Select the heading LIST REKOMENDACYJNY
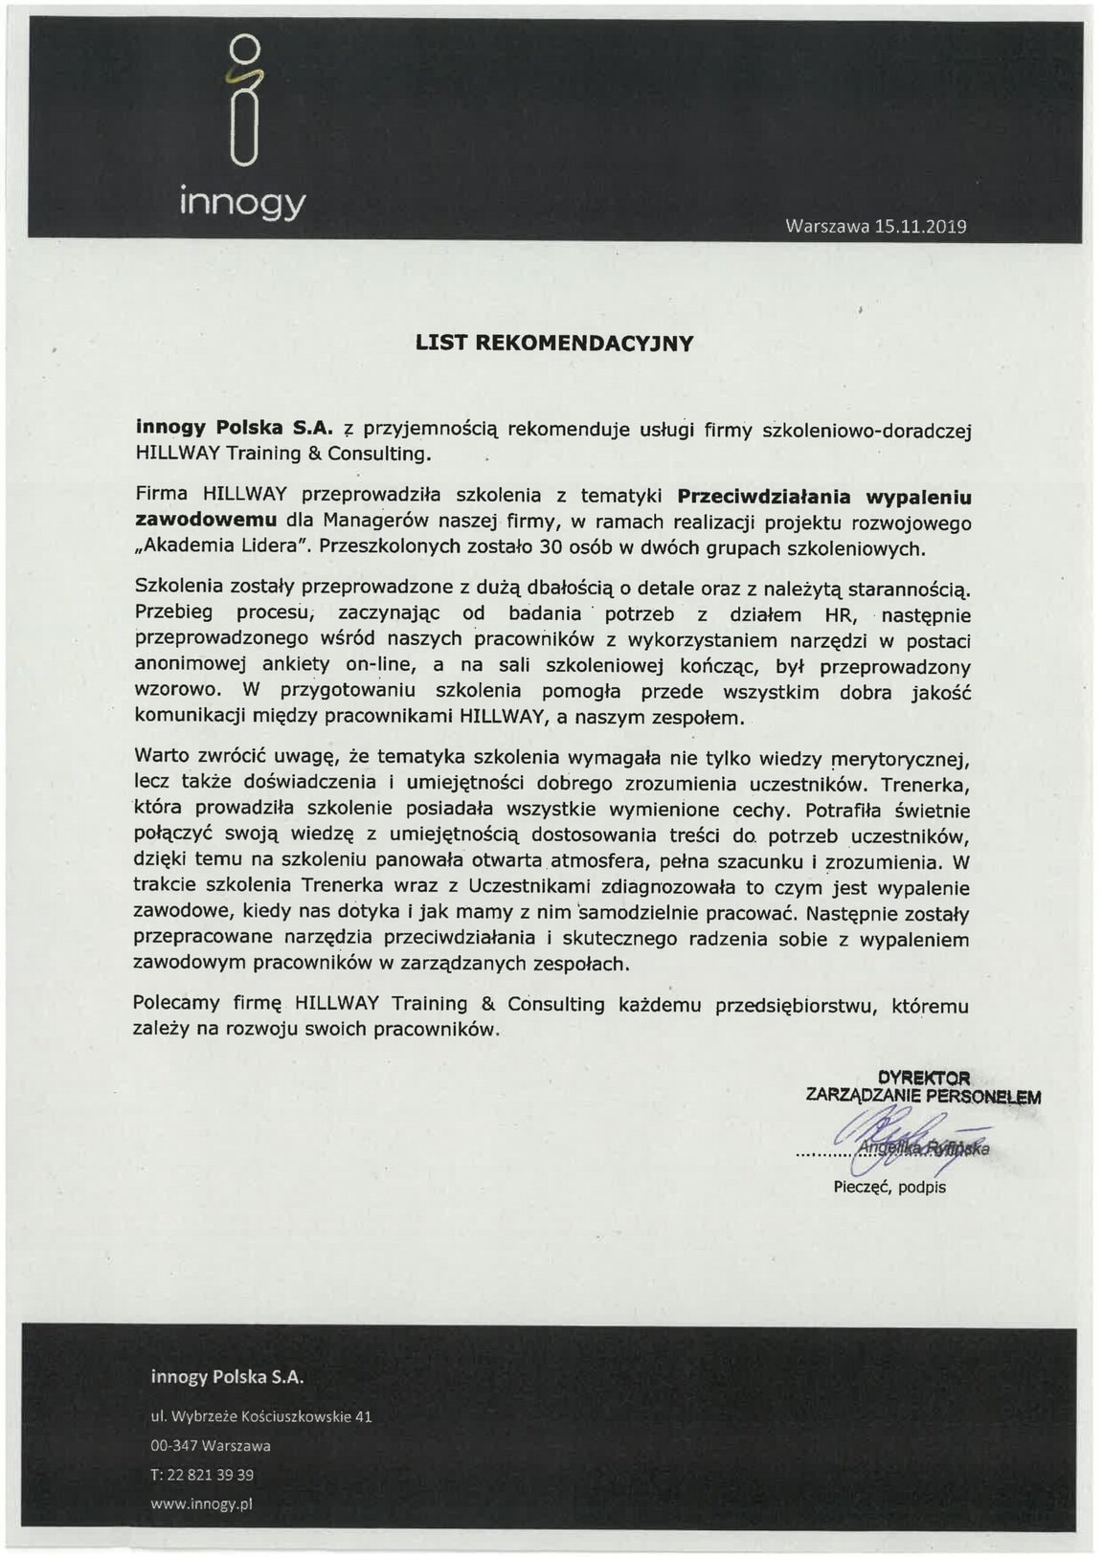tap(554, 344)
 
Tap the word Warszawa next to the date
tap(825, 227)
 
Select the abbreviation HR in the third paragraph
tap(837, 615)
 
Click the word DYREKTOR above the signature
tap(923, 1078)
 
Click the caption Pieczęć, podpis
tap(889, 1187)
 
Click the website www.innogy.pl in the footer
tap(201, 1503)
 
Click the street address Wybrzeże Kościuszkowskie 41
tap(271, 1415)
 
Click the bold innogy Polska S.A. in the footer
tap(227, 1377)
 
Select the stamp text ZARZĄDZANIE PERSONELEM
tap(923, 1096)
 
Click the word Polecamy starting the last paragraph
tap(179, 1005)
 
